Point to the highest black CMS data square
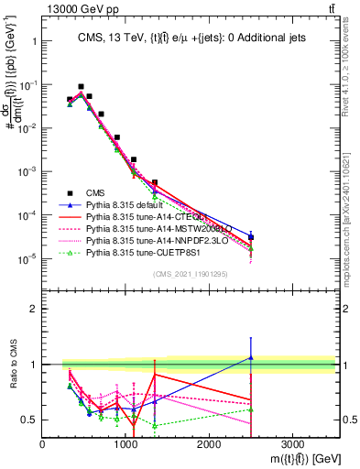(x=81, y=86)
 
